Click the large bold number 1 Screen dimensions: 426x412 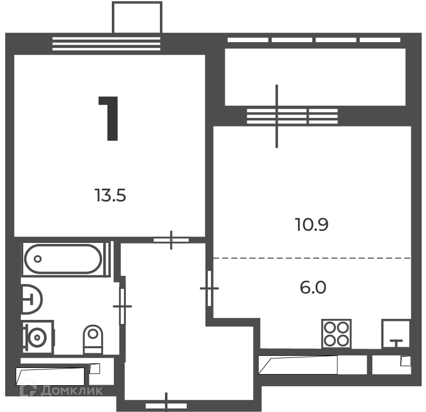pos(109,118)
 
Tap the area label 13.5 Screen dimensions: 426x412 pos(110,195)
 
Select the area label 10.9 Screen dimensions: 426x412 pos(312,225)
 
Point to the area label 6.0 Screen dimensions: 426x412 pos(313,287)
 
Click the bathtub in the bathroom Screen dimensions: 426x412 pos(63,259)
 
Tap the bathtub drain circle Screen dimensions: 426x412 pos(38,259)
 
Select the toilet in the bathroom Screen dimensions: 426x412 pos(93,339)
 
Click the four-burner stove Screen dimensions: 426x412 pos(336,334)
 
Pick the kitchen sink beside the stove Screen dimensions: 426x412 pos(396,334)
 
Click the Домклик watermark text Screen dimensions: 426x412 pos(72,391)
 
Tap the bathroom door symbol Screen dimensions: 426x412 pos(122,306)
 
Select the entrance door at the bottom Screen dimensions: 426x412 pos(166,406)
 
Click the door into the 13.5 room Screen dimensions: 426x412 pos(171,240)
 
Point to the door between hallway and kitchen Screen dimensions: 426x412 pos(209,289)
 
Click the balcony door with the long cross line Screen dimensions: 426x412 pos(277,116)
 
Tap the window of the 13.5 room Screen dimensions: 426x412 pos(106,44)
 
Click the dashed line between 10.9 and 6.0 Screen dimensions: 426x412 pos(312,258)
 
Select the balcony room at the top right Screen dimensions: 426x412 pos(315,77)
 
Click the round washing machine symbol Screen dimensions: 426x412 pos(37,338)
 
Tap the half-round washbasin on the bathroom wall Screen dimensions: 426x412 pos(32,300)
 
